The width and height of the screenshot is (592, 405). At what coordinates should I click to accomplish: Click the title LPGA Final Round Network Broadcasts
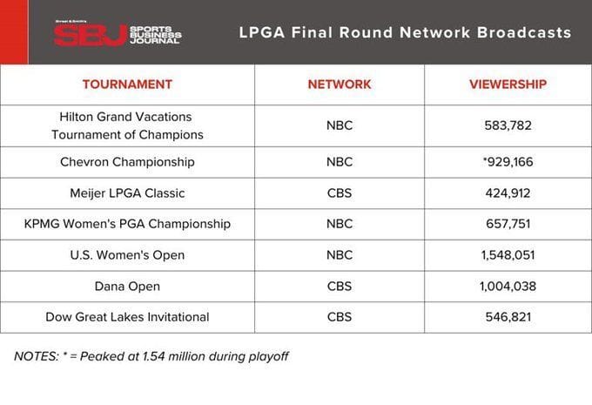[x=405, y=33]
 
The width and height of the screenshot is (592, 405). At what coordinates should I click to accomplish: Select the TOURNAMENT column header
[x=127, y=84]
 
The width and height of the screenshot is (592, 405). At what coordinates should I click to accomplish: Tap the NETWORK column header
[x=340, y=84]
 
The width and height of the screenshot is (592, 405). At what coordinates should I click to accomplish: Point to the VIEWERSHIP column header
[x=508, y=84]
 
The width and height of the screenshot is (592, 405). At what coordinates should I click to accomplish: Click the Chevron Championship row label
[x=127, y=162]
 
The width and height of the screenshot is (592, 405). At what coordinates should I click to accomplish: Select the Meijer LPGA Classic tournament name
[x=127, y=192]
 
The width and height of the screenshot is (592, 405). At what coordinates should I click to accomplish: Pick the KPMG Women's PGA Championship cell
[x=127, y=224]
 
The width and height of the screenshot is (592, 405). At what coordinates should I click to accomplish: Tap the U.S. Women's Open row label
[x=127, y=254]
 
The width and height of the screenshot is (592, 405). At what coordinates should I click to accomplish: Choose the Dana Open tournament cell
[x=127, y=286]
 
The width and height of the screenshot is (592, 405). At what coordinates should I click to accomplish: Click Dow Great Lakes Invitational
[x=127, y=317]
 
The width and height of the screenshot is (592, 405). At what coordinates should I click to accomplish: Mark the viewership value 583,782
[x=508, y=125]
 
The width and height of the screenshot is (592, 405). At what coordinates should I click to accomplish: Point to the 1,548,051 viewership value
[x=508, y=254]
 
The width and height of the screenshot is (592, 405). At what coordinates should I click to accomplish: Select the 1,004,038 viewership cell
[x=508, y=286]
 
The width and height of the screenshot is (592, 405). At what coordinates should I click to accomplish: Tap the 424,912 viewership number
[x=508, y=192]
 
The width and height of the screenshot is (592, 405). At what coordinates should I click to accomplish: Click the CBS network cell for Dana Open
[x=340, y=286]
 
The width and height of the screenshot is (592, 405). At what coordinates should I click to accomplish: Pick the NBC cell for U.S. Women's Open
[x=340, y=254]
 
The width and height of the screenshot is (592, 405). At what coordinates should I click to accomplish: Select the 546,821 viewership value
[x=508, y=317]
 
